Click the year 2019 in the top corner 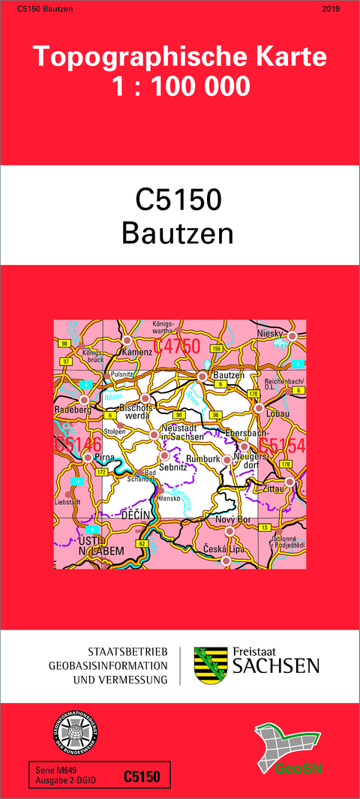coord(330,9)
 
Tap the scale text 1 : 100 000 coord(180,88)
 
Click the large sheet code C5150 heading coord(179,201)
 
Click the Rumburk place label coord(200,458)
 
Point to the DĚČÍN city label coord(136,515)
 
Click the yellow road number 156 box coord(217,348)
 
